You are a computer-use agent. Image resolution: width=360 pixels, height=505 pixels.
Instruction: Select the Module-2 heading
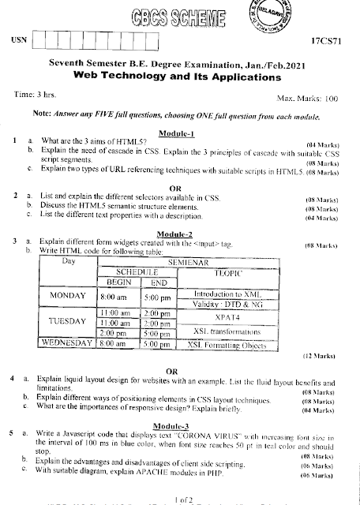[181, 234]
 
